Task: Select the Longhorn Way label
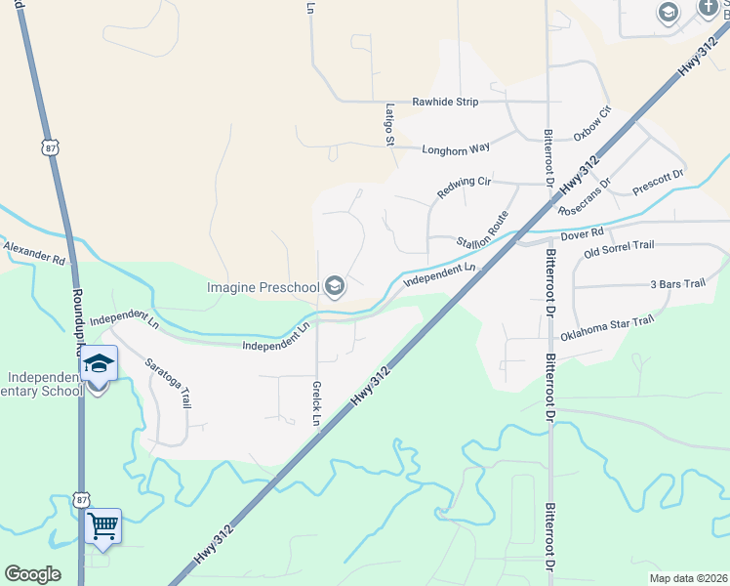tap(455, 149)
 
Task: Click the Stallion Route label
tap(485, 230)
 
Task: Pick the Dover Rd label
tap(583, 234)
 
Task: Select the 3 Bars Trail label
tap(677, 284)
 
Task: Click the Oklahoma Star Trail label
tap(605, 329)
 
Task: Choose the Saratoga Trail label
tap(169, 381)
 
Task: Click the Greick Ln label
tap(316, 403)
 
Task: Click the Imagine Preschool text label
tap(264, 287)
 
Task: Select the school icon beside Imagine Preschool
tap(335, 286)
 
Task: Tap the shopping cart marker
tap(102, 527)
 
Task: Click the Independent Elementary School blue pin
tap(98, 366)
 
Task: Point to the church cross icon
tap(709, 8)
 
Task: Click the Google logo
tap(33, 574)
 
